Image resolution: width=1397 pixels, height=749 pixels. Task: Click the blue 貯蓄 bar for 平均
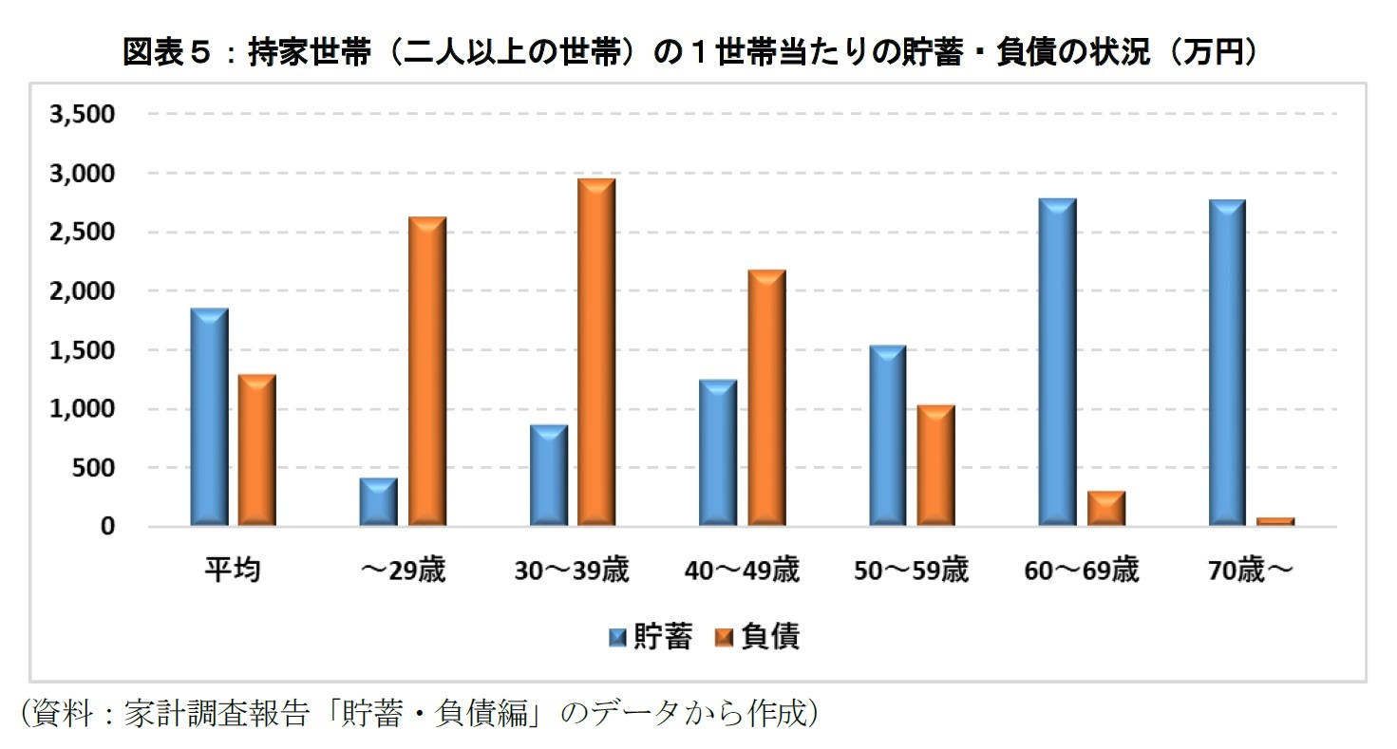[x=209, y=417]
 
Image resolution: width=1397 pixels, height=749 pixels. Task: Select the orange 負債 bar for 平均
[x=256, y=450]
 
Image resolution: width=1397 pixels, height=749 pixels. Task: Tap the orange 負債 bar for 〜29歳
[x=426, y=371]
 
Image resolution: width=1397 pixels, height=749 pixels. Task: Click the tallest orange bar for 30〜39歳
[x=596, y=352]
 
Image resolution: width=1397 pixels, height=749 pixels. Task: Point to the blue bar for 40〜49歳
[x=717, y=453]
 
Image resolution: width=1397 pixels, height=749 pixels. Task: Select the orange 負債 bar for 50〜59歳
[x=935, y=465]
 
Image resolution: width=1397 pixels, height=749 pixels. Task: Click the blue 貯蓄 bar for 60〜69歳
[x=1057, y=362]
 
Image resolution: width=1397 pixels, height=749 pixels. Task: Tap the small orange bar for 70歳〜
[x=1275, y=521]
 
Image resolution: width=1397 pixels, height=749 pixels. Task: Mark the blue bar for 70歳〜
[x=1226, y=363]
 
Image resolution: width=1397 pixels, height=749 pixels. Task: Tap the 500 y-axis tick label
[x=95, y=468]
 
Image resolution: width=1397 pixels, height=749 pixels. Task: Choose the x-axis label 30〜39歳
[x=572, y=571]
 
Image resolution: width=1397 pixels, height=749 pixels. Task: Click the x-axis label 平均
[x=233, y=571]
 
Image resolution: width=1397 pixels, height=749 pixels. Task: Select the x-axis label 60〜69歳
[x=1081, y=571]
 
